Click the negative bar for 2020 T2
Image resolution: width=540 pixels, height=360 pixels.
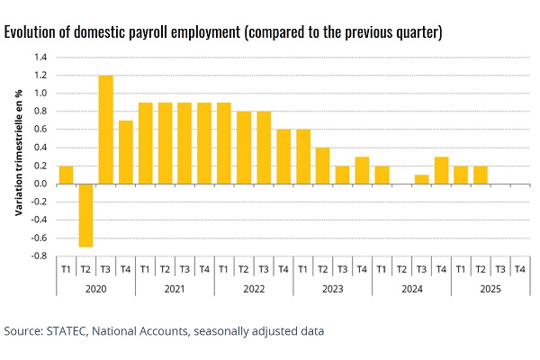point(86,215)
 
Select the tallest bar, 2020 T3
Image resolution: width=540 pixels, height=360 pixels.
point(106,130)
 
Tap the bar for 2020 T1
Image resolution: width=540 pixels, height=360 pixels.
point(67,175)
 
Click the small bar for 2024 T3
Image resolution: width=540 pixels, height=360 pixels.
point(421,179)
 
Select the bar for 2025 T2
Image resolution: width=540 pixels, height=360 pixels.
point(481,175)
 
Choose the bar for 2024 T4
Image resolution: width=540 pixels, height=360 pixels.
point(441,170)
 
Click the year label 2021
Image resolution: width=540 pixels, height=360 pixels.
point(175,289)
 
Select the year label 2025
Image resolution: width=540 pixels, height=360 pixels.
point(490,289)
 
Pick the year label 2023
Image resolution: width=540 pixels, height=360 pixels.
point(332,289)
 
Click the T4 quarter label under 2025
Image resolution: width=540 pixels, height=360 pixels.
point(519,268)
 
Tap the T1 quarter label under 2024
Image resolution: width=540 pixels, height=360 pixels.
point(382,268)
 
